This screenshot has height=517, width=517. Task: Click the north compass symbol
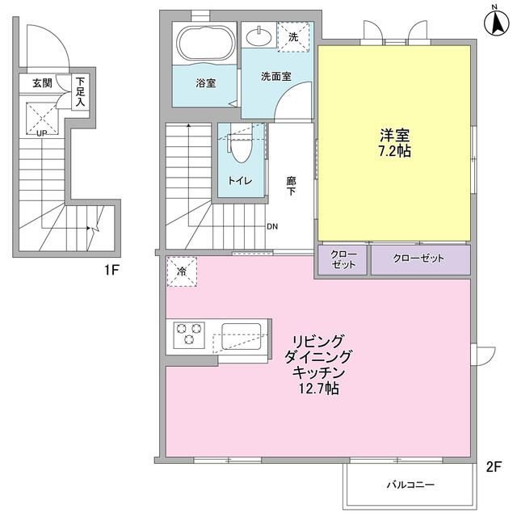pyautogui.click(x=494, y=20)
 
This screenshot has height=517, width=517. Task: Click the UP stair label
pyautogui.click(x=38, y=133)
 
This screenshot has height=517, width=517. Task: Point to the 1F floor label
pyautogui.click(x=111, y=270)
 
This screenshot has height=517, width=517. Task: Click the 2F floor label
pyautogui.click(x=494, y=466)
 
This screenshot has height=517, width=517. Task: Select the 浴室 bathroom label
pyautogui.click(x=205, y=83)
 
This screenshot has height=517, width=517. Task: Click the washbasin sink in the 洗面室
pyautogui.click(x=259, y=36)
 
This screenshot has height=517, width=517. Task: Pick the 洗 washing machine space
pyautogui.click(x=292, y=36)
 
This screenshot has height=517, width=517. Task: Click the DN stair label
pyautogui.click(x=273, y=226)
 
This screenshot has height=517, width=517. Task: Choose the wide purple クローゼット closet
pyautogui.click(x=419, y=259)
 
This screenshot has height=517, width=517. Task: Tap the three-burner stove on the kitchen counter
pyautogui.click(x=191, y=333)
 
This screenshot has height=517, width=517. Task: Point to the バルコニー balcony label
pyautogui.click(x=410, y=485)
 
